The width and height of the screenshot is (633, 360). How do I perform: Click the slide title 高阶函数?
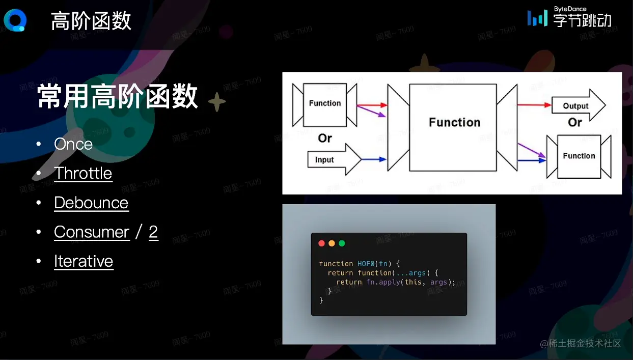[x=91, y=21]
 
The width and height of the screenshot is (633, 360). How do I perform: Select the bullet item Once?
[x=73, y=144]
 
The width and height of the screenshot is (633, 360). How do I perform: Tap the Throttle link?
[x=83, y=173]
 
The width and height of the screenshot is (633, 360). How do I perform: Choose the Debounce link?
[x=91, y=203]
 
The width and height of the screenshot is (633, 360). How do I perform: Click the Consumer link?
[x=92, y=232]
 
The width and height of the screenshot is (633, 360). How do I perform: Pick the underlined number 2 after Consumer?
[x=153, y=232]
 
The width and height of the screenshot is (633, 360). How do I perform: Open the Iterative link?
[x=84, y=261]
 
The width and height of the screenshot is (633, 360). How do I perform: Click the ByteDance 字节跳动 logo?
[x=569, y=17]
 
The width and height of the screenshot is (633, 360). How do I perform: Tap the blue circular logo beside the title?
[x=15, y=20]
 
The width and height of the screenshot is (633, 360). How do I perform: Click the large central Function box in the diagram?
[x=453, y=127]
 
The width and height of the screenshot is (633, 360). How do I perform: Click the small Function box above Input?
[x=324, y=105]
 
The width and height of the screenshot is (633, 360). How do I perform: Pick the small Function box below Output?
[x=579, y=156]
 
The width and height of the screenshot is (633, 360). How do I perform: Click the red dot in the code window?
[x=321, y=243]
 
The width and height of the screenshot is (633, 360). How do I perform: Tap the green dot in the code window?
[x=342, y=243]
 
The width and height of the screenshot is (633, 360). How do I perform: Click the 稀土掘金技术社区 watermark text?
[x=581, y=344]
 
